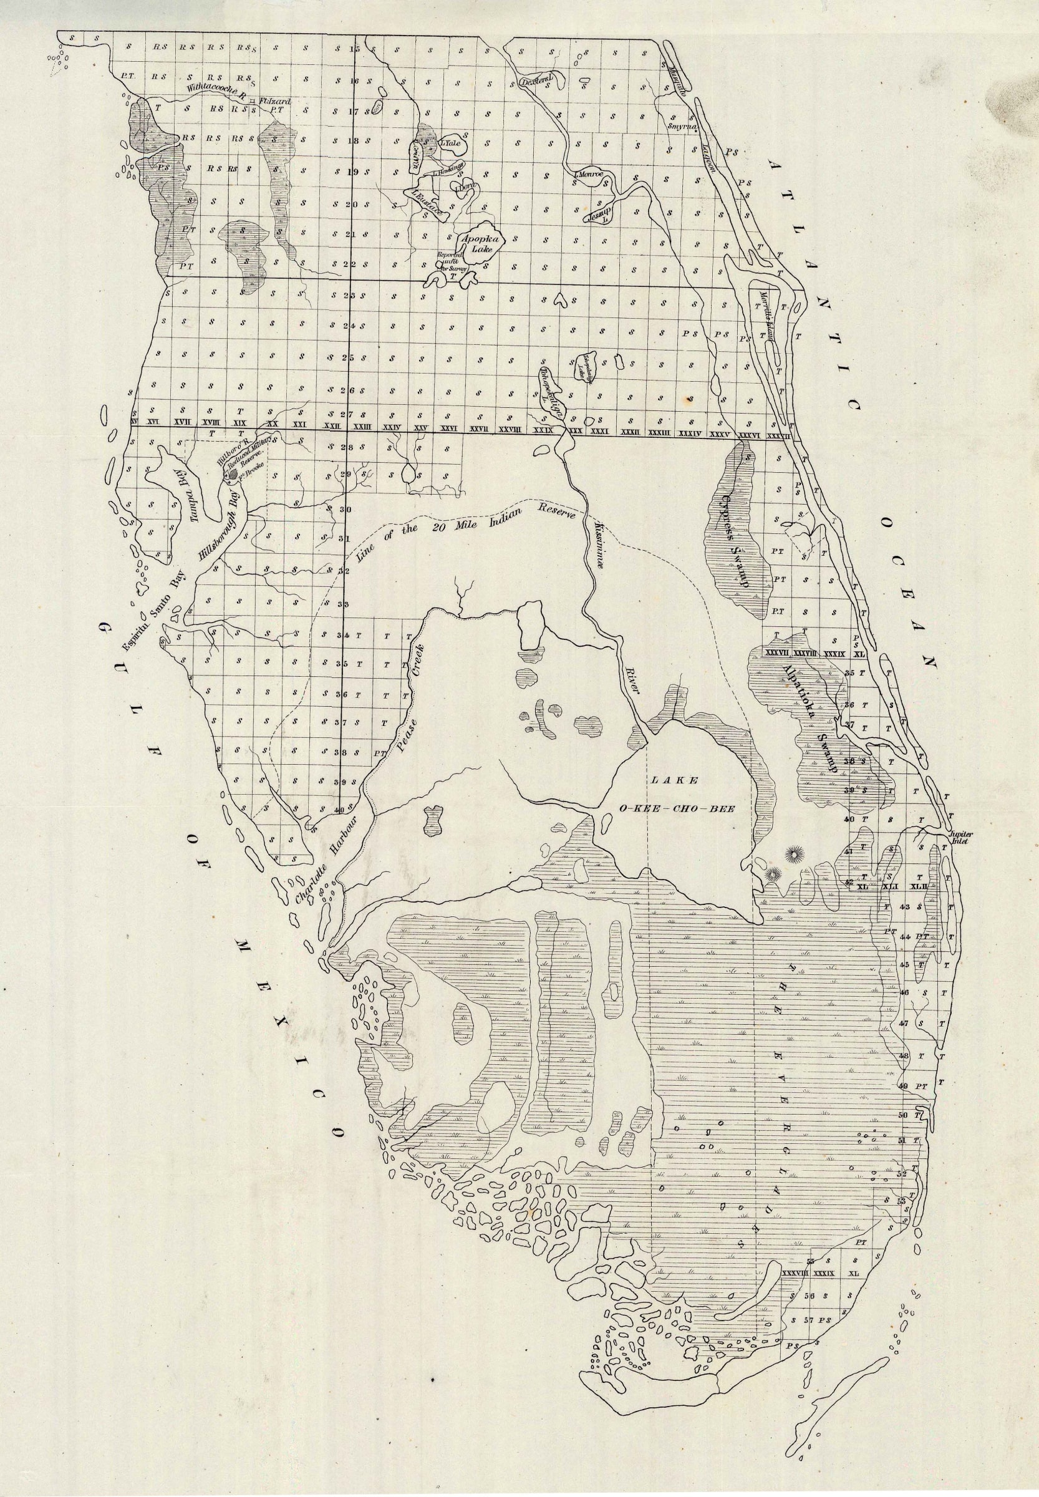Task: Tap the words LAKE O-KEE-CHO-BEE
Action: point(677,795)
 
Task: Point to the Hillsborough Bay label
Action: point(222,521)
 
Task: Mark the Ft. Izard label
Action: point(274,102)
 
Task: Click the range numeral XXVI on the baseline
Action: point(448,429)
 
